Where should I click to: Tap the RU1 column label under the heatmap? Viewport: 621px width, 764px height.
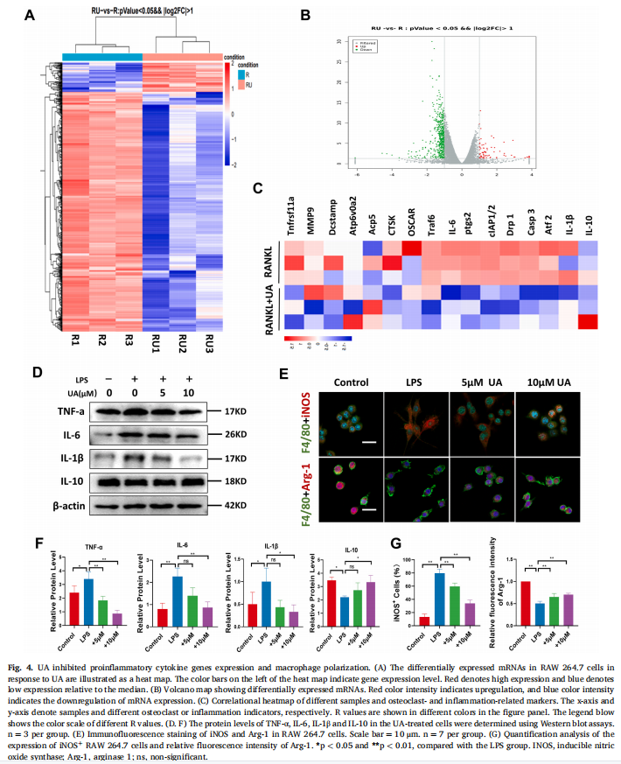[x=159, y=341]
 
